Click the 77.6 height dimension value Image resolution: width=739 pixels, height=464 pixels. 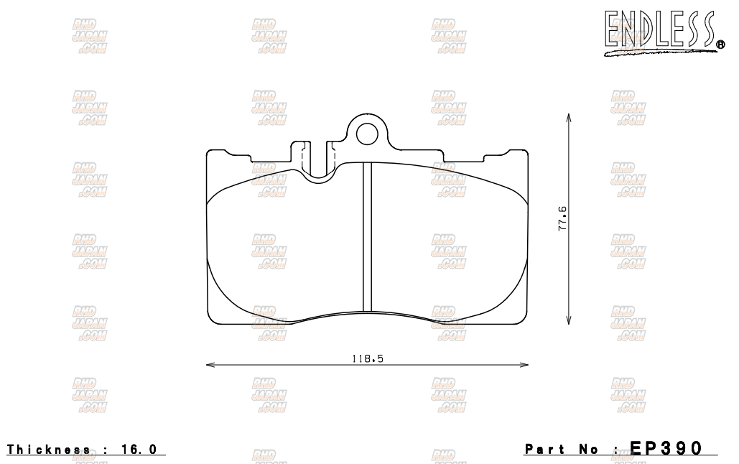[562, 218]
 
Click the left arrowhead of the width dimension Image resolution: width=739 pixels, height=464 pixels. [209, 365]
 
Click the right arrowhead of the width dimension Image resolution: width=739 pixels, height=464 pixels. [526, 365]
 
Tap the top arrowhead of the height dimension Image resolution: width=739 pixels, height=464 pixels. [569, 117]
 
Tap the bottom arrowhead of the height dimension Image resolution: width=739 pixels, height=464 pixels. [569, 321]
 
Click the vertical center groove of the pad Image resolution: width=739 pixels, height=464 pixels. [367, 237]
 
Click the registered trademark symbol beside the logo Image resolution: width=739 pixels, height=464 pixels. [720, 45]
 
